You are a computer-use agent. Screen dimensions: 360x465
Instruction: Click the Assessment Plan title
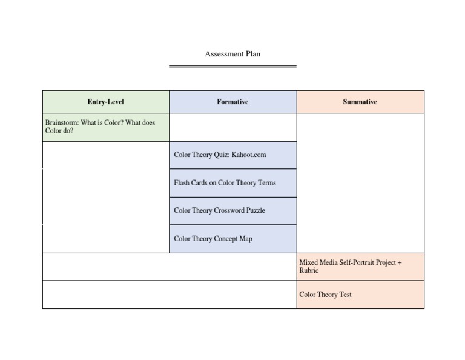(232, 54)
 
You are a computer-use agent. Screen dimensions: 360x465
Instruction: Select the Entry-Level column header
(105, 102)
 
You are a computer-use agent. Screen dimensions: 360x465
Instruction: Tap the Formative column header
(232, 102)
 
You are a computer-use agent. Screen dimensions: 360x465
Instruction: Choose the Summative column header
(360, 102)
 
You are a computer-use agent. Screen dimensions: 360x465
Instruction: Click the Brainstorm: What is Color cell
(105, 127)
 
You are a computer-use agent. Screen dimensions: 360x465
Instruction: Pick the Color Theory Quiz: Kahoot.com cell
(232, 155)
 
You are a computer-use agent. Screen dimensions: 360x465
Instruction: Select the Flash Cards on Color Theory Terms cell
(232, 183)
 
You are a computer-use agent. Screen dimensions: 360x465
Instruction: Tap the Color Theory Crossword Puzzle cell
(232, 211)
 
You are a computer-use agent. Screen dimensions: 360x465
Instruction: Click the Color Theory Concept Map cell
(232, 239)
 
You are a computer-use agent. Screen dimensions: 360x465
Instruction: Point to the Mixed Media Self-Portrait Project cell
(360, 267)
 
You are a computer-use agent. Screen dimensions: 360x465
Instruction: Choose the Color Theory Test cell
(360, 295)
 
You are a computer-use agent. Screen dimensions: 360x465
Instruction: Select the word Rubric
(309, 271)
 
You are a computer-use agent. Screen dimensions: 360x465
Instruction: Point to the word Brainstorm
(62, 122)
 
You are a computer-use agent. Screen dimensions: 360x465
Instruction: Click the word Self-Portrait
(355, 263)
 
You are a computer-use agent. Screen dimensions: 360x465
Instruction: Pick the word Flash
(182, 183)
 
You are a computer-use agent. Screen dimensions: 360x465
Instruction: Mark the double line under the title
(232, 66)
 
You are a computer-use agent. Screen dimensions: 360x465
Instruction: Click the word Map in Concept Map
(245, 239)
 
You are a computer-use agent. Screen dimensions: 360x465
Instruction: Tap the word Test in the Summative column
(345, 295)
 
